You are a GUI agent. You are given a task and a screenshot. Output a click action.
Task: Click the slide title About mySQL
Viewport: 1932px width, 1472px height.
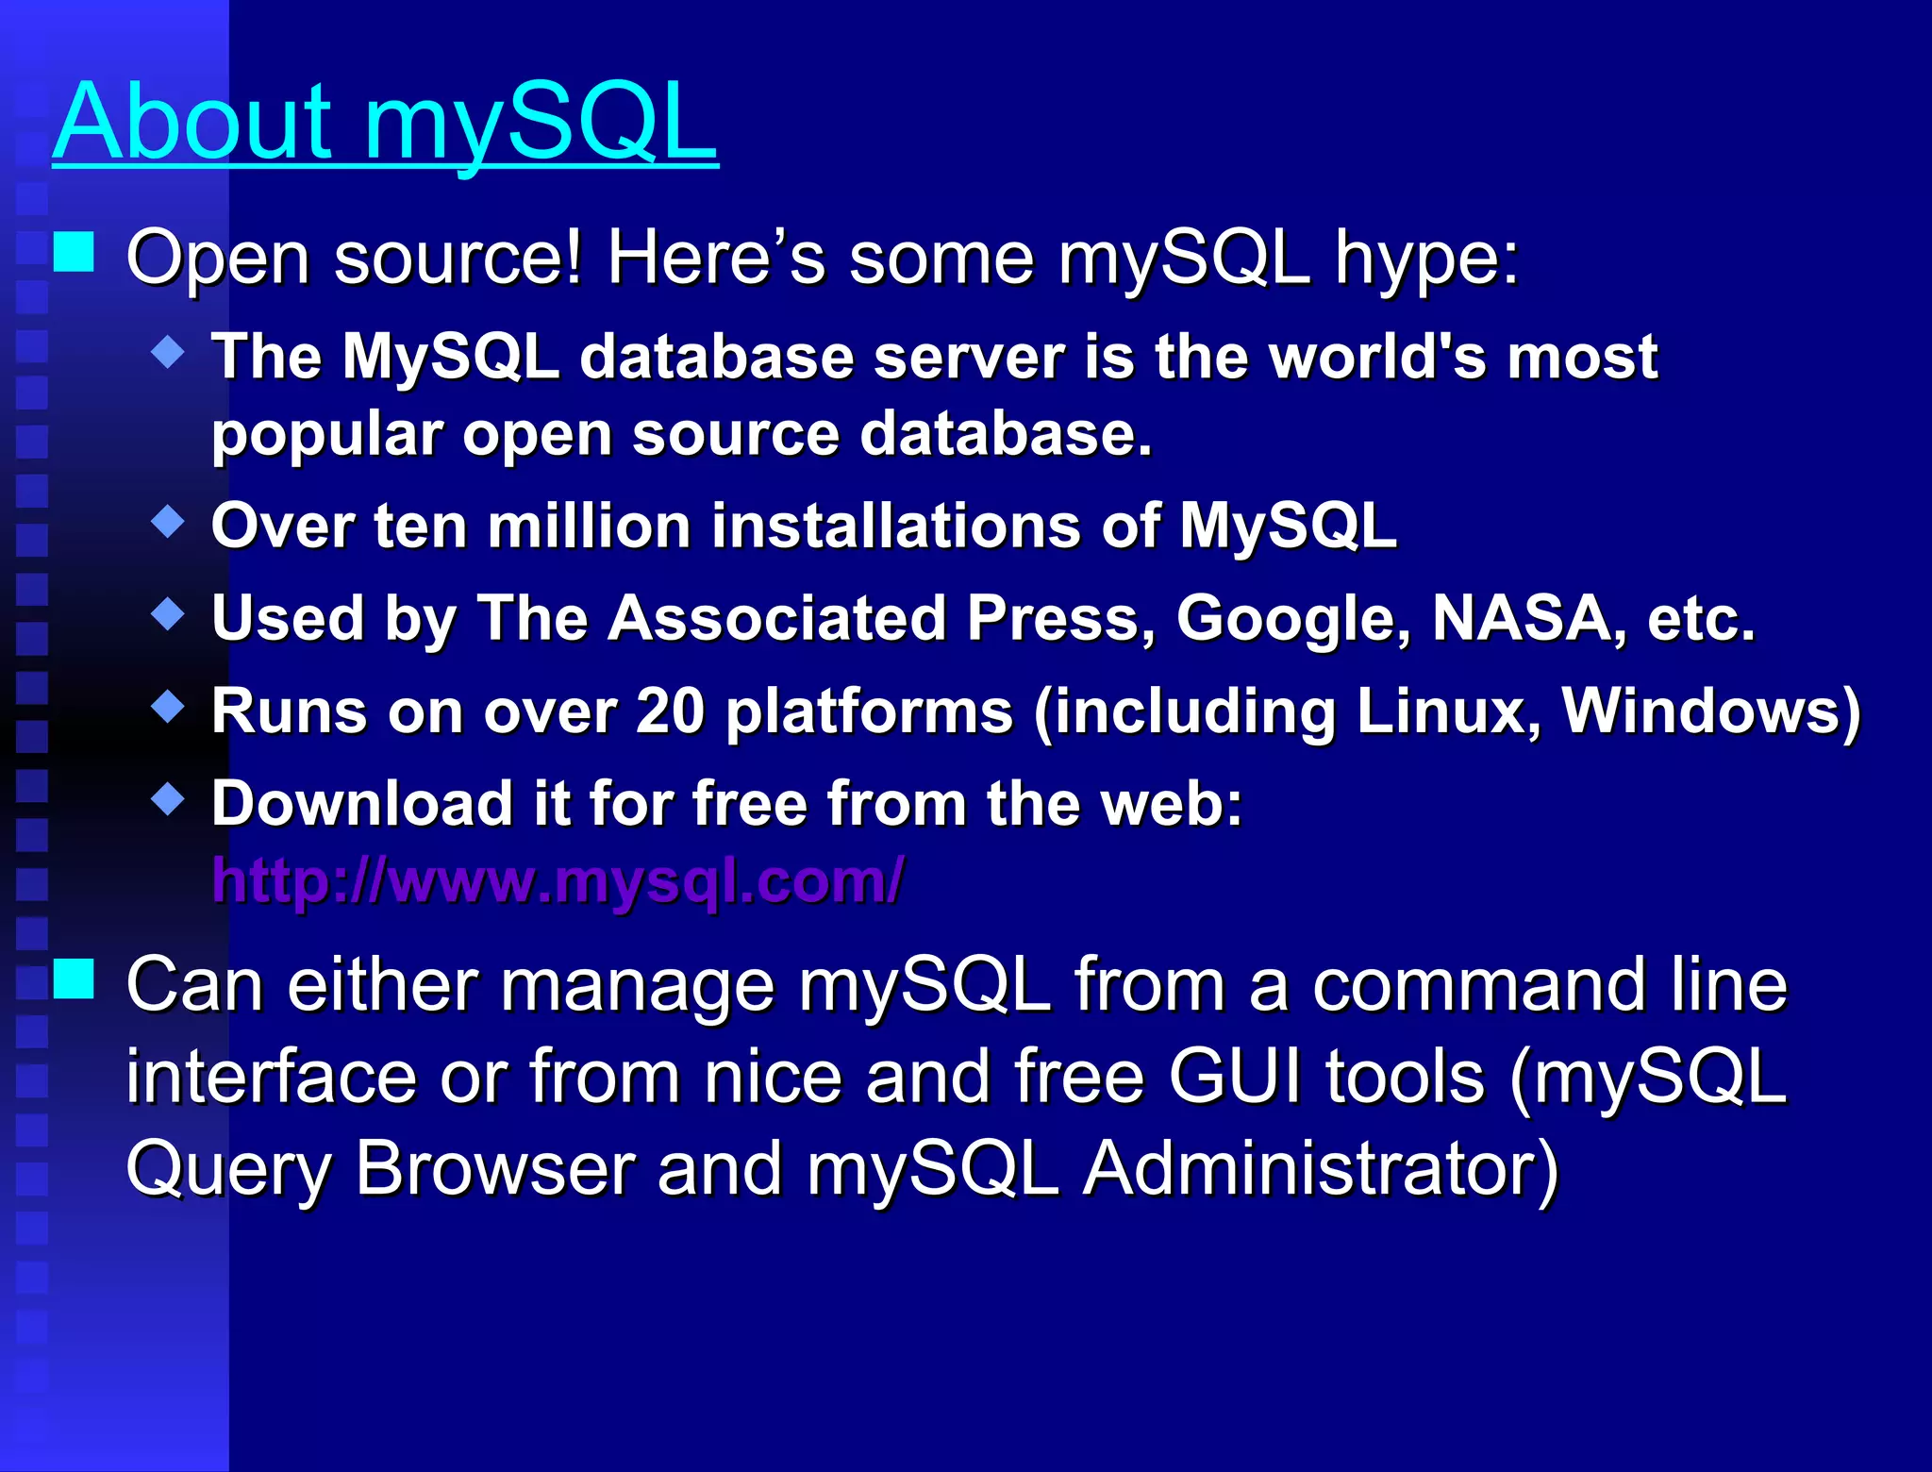pos(385,123)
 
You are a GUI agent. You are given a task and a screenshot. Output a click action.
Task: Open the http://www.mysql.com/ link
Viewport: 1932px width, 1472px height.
pos(558,881)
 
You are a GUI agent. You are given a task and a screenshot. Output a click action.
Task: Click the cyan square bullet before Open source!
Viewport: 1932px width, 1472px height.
pos(74,252)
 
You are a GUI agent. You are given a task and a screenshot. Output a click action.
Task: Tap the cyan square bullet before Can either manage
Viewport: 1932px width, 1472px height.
pos(74,979)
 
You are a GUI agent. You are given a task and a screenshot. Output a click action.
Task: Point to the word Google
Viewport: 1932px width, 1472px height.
pos(1293,620)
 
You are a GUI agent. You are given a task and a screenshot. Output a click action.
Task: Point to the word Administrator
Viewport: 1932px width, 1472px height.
pos(1319,1169)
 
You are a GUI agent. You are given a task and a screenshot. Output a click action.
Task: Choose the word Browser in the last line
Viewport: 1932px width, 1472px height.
pos(494,1169)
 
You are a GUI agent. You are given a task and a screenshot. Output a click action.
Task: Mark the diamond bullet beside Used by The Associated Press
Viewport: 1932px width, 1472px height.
pos(168,613)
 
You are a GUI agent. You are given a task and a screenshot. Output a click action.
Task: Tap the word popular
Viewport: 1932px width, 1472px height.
pos(326,436)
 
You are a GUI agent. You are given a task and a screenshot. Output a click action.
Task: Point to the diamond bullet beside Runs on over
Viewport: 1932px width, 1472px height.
pos(168,706)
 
